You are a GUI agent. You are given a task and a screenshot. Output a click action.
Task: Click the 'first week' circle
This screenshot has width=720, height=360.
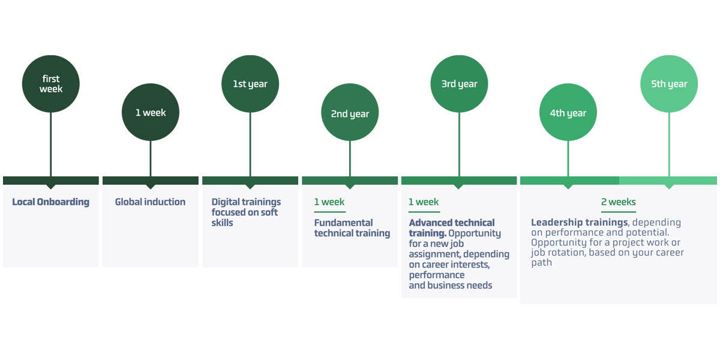51,84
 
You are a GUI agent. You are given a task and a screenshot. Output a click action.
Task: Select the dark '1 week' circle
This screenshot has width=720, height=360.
151,112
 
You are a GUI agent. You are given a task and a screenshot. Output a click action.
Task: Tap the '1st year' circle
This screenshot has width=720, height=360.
250,84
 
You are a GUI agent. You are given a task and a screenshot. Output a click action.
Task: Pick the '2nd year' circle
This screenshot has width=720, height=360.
350,113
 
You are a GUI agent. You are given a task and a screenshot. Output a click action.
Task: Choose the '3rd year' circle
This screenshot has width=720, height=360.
459,84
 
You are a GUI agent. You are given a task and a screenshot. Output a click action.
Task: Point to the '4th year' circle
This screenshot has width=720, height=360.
568,113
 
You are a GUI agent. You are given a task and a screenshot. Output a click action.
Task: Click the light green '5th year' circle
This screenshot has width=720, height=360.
669,84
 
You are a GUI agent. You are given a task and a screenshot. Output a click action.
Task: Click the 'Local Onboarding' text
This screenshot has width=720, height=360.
50,202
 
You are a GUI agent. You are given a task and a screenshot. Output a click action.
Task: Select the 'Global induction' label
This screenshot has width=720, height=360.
150,202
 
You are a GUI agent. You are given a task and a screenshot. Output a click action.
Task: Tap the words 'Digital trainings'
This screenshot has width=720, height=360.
246,202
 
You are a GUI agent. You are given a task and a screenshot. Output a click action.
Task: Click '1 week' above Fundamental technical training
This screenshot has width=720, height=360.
329,202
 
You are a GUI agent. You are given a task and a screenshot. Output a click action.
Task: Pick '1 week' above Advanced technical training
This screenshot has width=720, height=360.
424,202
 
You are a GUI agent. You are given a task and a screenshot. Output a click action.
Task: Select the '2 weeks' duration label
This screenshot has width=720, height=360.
619,202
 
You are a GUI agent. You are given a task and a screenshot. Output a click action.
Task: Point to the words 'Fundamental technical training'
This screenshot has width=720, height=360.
352,228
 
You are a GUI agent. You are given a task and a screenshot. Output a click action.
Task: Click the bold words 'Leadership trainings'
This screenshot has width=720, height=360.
579,223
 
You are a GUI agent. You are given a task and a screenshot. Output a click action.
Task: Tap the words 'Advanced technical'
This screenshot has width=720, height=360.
452,223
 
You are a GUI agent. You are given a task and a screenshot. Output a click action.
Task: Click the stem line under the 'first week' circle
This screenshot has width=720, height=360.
51,144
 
